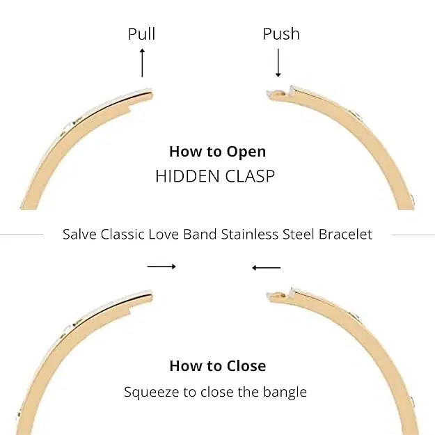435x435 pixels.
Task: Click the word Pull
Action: (141, 34)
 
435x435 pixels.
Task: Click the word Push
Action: (281, 34)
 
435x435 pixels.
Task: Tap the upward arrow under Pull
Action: (142, 63)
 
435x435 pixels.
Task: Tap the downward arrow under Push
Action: (278, 63)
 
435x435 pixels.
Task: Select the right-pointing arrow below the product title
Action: (161, 267)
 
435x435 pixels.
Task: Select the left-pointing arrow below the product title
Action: (266, 267)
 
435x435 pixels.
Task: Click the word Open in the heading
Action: (247, 152)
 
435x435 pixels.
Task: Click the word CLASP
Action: (249, 176)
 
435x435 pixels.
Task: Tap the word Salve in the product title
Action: (79, 234)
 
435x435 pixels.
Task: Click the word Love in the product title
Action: (164, 234)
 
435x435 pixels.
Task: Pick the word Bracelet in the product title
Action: (345, 234)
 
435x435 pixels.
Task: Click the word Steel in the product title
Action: (298, 234)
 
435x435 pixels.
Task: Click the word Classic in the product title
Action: (122, 234)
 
